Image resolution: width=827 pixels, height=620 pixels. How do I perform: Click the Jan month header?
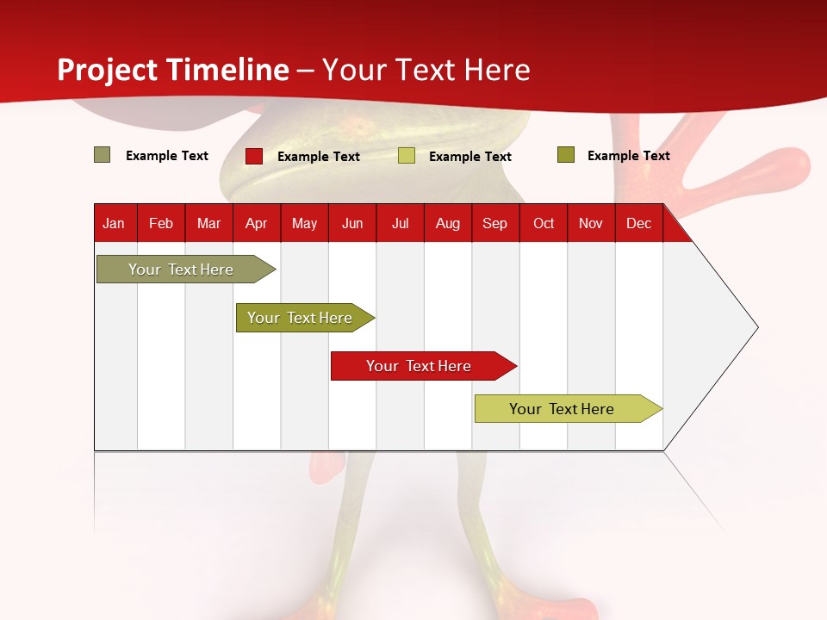[114, 223]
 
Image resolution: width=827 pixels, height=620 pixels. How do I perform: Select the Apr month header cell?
[257, 223]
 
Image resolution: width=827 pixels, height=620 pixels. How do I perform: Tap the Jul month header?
[400, 223]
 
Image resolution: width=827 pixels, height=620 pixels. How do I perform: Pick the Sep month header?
[495, 223]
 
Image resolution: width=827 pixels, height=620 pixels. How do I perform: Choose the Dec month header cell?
[638, 223]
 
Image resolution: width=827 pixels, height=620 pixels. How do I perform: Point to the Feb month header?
[161, 223]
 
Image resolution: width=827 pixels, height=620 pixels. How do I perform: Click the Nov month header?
[591, 223]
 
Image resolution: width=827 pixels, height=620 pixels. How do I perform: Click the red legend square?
[254, 156]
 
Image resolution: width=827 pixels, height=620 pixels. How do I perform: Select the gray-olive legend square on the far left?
[102, 155]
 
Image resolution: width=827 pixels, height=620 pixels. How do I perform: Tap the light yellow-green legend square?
[407, 156]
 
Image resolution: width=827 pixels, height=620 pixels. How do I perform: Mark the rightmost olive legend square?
[565, 155]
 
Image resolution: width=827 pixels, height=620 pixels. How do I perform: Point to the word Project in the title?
[108, 70]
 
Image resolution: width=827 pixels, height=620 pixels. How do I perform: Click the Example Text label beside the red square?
[318, 157]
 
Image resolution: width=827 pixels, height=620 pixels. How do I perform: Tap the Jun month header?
[352, 223]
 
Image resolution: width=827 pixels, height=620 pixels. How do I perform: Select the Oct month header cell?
[544, 223]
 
